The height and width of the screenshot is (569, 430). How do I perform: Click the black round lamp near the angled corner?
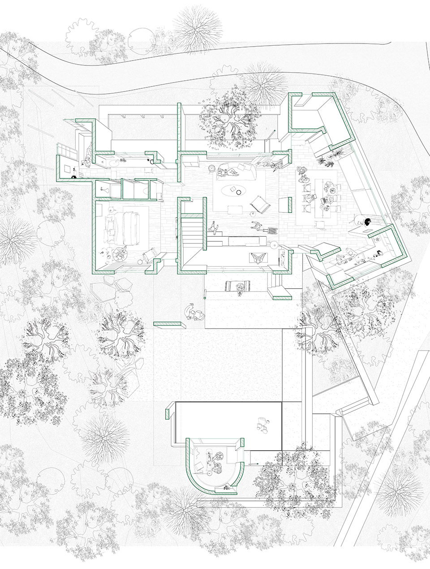click(x=367, y=221)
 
